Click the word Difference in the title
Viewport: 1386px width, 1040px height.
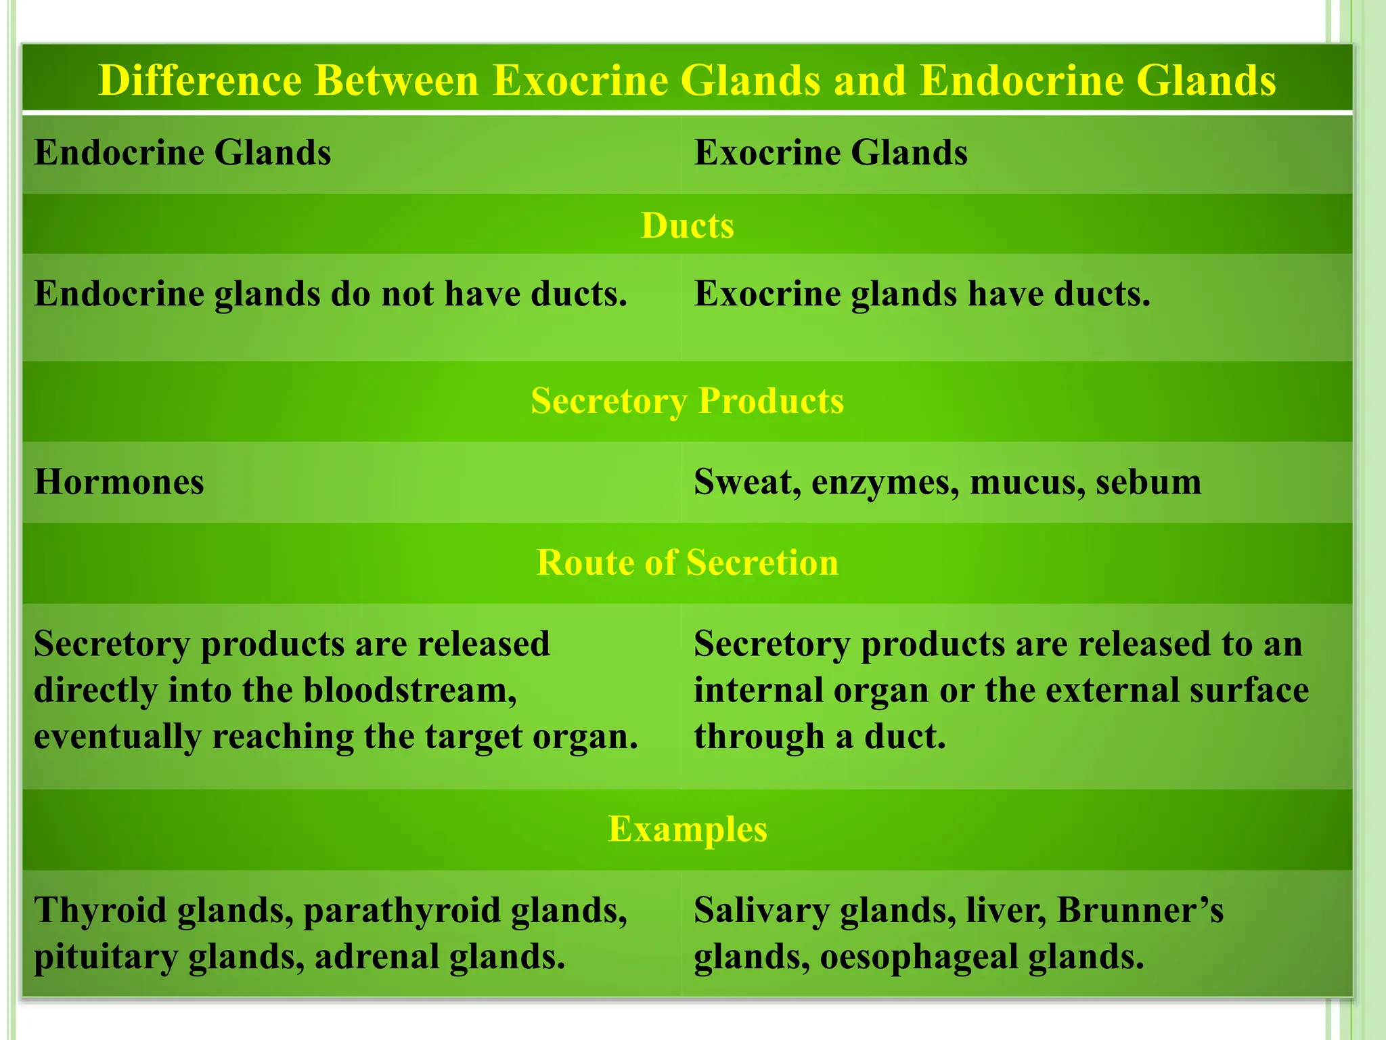pyautogui.click(x=200, y=81)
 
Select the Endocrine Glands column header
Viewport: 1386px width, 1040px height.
pyautogui.click(x=183, y=152)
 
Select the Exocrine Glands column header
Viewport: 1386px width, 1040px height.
pyautogui.click(x=830, y=152)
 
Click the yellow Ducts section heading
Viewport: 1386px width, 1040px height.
pyautogui.click(x=687, y=225)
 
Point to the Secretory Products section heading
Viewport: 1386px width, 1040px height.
pyautogui.click(x=687, y=401)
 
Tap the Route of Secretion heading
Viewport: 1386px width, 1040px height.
pyautogui.click(x=687, y=563)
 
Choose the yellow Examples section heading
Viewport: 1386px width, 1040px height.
pyautogui.click(x=687, y=829)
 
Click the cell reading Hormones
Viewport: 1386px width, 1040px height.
pyautogui.click(x=119, y=483)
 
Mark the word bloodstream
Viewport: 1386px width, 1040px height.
pyautogui.click(x=409, y=691)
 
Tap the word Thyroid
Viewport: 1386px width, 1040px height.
pyautogui.click(x=100, y=911)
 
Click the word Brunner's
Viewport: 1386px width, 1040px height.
pyautogui.click(x=1140, y=911)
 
